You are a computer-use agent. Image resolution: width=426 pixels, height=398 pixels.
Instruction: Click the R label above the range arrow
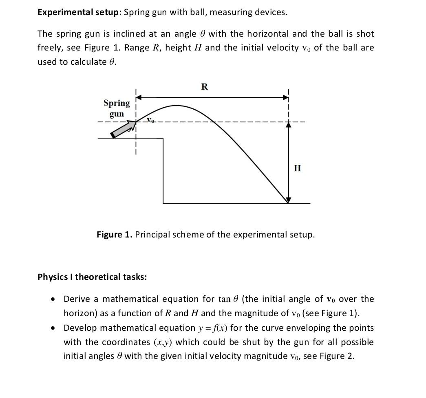205,87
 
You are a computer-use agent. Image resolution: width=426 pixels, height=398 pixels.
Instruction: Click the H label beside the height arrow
298,168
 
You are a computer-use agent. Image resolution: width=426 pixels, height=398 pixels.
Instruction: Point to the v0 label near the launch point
151,120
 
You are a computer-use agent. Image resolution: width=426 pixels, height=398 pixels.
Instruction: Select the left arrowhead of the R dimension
139,98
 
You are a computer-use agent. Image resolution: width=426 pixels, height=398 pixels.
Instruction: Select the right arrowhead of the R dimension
286,98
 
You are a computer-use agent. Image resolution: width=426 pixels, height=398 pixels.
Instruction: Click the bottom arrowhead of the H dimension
288,200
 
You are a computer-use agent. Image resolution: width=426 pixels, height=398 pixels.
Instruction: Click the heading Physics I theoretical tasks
92,277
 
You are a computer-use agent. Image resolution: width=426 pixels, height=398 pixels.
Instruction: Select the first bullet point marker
53,299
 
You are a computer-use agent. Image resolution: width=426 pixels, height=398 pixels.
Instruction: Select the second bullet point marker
53,328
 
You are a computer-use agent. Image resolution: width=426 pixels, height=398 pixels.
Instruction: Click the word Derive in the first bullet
77,299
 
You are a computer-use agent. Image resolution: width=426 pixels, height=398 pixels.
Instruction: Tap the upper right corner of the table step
163,139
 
